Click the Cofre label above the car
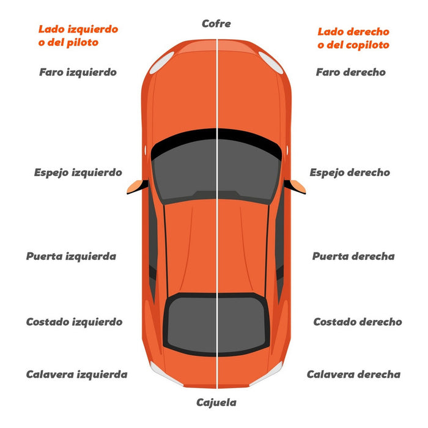pyautogui.click(x=216, y=24)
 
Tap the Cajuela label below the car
pyautogui.click(x=216, y=402)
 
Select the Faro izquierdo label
pyautogui.click(x=78, y=72)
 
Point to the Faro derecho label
pyautogui.click(x=351, y=72)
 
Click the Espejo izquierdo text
pyautogui.click(x=78, y=173)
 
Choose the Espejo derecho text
pyautogui.click(x=350, y=173)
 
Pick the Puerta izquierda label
pyautogui.click(x=72, y=257)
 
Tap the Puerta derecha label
pyautogui.click(x=353, y=256)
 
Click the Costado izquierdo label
pyautogui.click(x=74, y=322)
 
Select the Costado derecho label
pyautogui.click(x=358, y=322)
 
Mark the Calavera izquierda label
pyautogui.click(x=76, y=374)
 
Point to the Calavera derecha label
pyautogui.click(x=354, y=374)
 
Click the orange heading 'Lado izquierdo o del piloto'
pyautogui.click(x=78, y=36)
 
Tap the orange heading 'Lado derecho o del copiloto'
pyautogui.click(x=353, y=39)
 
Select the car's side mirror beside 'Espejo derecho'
pyautogui.click(x=295, y=186)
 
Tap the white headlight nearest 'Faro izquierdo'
pyautogui.click(x=161, y=63)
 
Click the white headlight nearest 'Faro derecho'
pyautogui.click(x=271, y=63)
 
